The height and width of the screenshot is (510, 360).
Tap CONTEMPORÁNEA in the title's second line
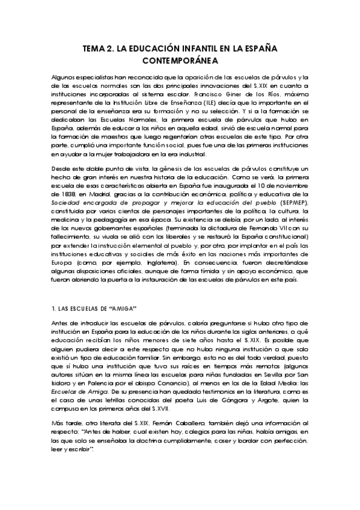180,61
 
